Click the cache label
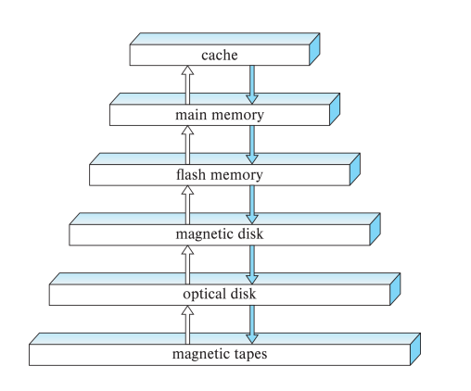220,56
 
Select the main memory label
220,116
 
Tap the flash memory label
220,175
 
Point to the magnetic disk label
220,234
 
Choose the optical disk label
220,294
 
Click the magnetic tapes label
220,354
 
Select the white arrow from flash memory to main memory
188,145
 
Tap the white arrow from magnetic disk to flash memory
188,204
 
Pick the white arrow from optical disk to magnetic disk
188,264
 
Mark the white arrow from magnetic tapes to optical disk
188,323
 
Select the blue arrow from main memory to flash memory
251,145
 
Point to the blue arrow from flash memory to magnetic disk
251,204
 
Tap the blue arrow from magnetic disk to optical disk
251,264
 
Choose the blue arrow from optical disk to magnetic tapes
251,323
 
